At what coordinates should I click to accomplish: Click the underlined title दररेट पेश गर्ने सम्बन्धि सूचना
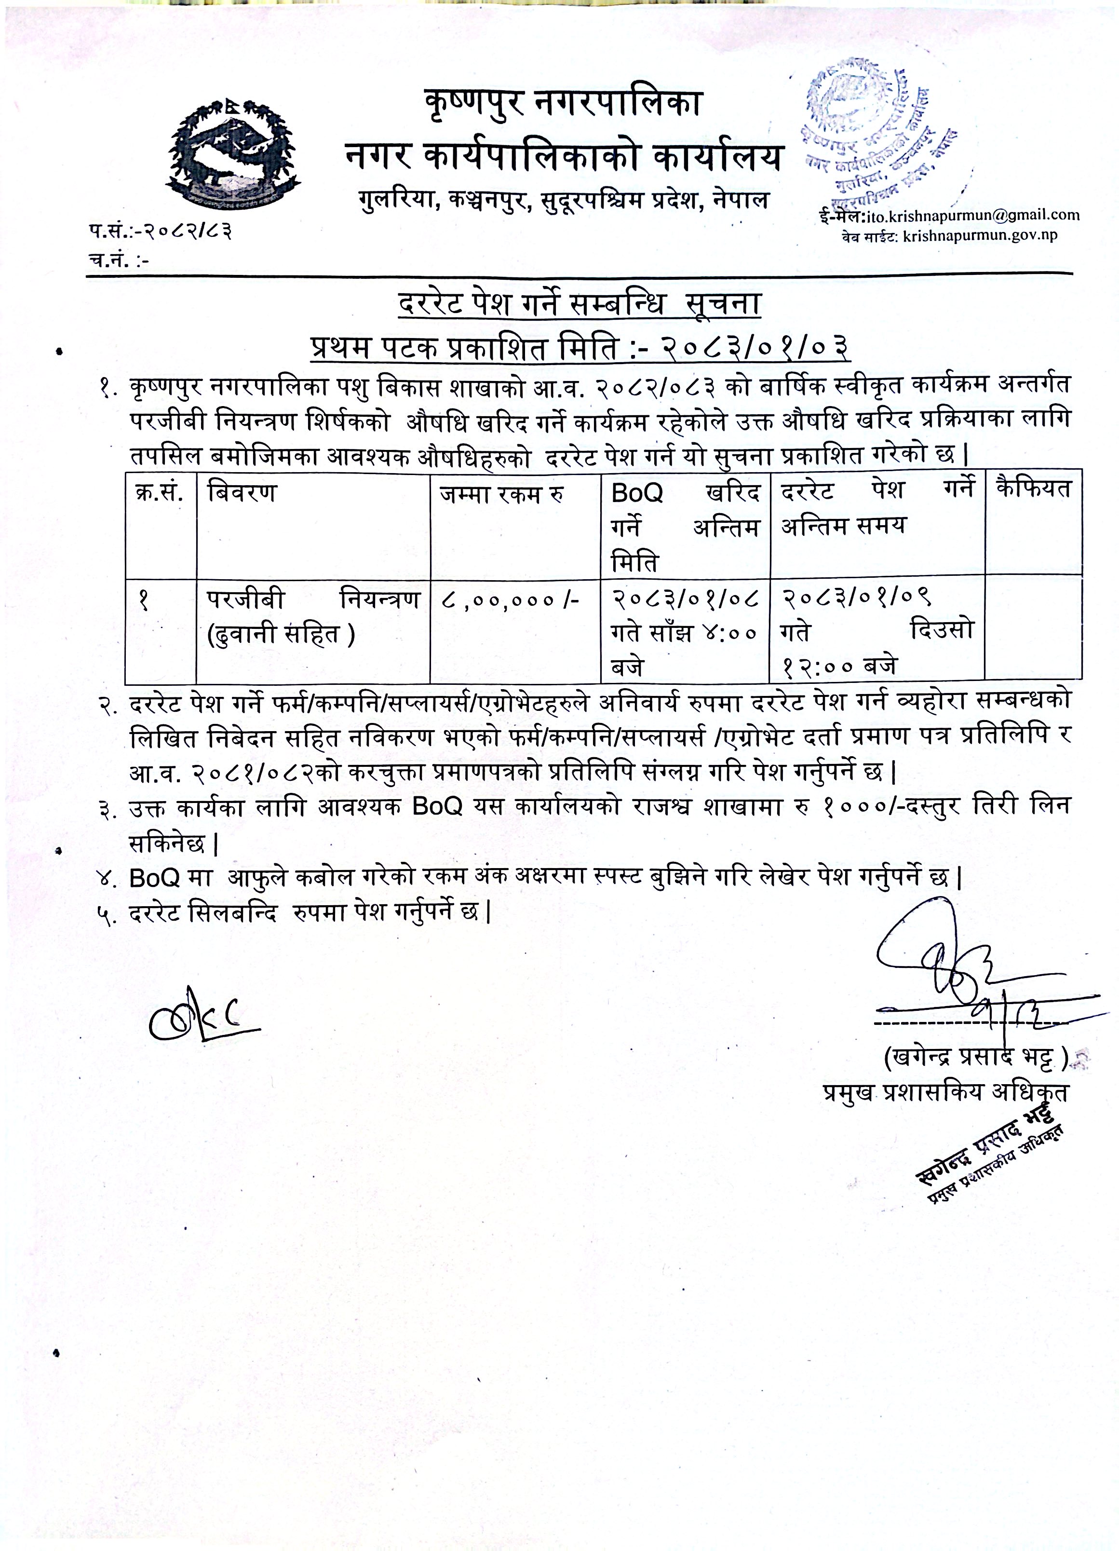[x=579, y=304]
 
